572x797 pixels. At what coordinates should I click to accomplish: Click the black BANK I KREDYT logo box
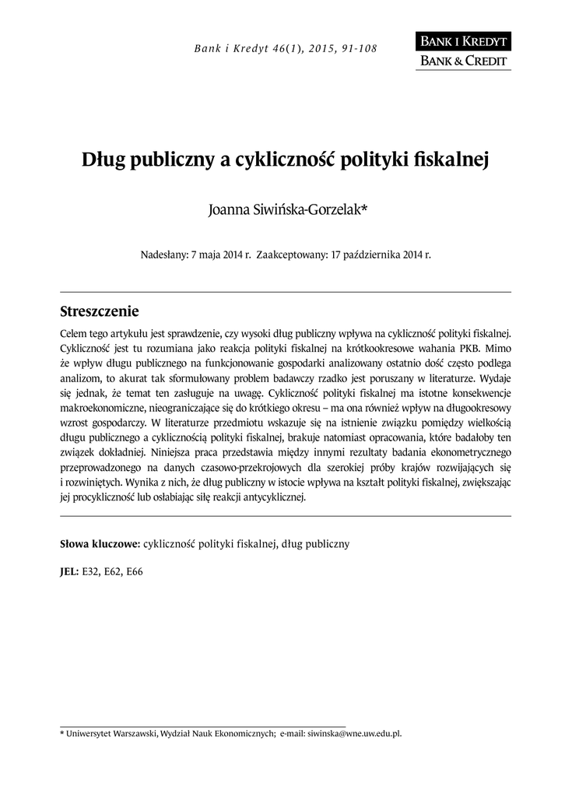463,41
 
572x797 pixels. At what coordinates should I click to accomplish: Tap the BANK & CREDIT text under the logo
463,61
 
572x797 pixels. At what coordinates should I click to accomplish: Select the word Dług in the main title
104,160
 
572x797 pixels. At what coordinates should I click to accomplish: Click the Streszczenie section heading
99,312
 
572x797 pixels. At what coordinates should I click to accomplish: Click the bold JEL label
69,571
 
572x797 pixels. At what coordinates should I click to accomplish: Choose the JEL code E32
92,571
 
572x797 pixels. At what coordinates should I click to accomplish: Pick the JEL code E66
135,571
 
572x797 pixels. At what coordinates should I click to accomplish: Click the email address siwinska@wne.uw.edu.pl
354,733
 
